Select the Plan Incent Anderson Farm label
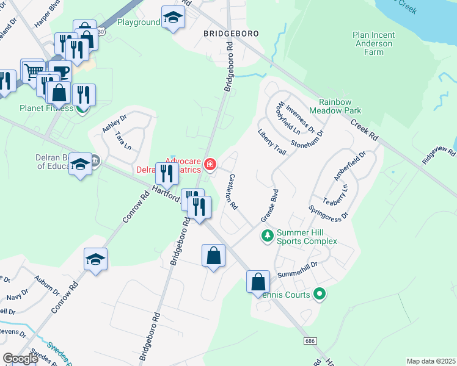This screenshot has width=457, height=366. coord(373,43)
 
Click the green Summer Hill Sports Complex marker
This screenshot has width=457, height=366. coord(266,235)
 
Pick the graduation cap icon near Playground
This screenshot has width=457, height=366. coord(173,17)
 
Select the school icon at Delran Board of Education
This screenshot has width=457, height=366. coord(80,164)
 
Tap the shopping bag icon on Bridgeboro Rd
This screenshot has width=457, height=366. coord(213,256)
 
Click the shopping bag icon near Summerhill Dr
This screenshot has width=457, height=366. coord(258,282)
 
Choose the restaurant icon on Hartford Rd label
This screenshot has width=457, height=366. coord(167,173)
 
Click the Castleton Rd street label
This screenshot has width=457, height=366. coord(233,192)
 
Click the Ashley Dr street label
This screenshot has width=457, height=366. coord(114,124)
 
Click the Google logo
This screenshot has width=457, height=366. coord(20,359)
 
